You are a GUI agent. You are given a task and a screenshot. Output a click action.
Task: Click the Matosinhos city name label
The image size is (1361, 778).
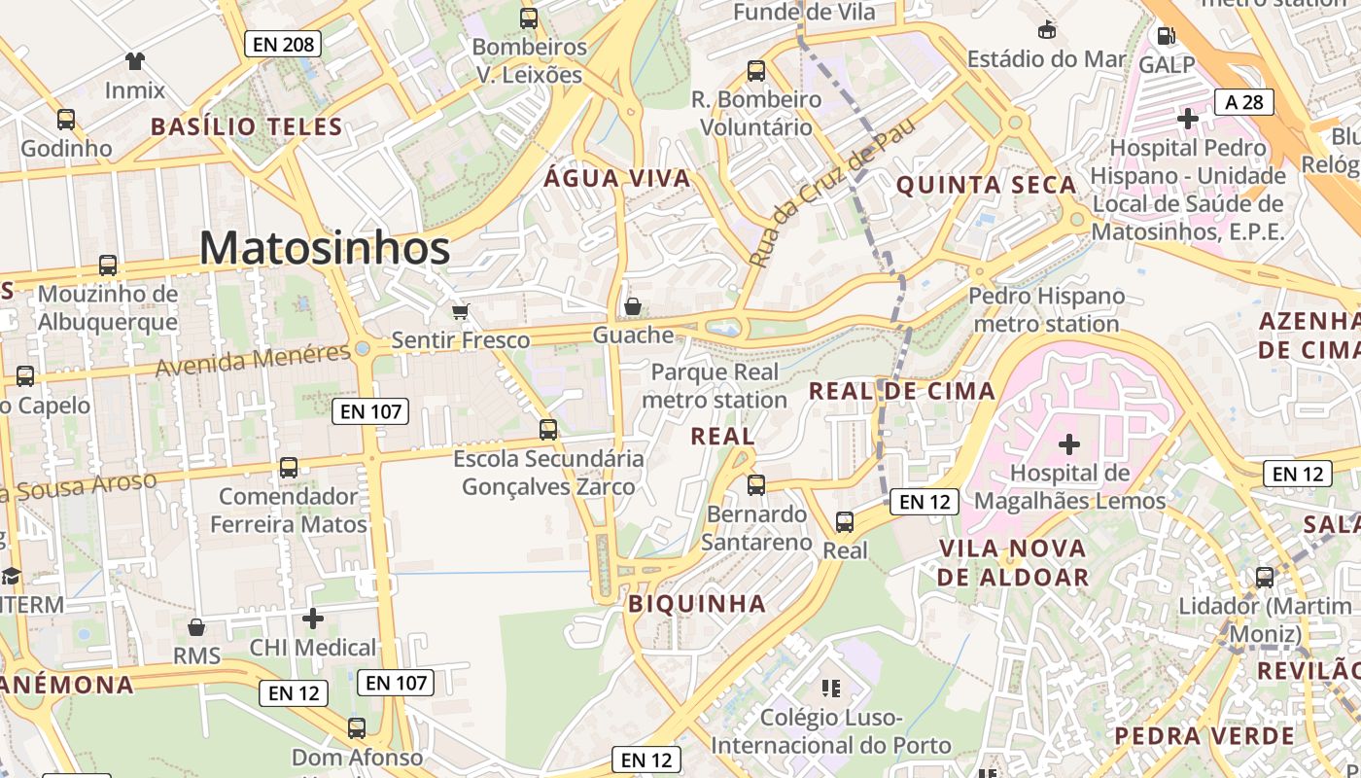point(325,249)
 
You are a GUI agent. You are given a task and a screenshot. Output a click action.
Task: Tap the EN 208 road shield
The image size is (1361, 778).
point(282,44)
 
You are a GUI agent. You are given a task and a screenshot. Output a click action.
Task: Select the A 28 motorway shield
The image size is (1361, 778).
point(1243,102)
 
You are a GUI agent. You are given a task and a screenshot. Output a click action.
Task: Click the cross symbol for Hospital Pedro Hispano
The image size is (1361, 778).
point(1187,119)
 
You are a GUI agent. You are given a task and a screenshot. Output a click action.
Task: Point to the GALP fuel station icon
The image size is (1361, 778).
point(1166,36)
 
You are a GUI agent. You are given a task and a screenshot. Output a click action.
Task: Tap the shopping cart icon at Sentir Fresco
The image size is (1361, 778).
point(460,312)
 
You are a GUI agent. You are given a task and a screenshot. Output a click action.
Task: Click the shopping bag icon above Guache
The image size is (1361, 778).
point(633,307)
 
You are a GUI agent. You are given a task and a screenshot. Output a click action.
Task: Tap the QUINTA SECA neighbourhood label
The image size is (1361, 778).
point(986,185)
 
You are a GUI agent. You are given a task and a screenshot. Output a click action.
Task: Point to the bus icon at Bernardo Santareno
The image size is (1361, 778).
point(756,484)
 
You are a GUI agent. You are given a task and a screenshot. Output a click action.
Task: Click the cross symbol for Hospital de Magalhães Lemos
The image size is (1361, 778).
point(1069,444)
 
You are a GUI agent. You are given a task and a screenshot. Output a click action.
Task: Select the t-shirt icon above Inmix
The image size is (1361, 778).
point(135,61)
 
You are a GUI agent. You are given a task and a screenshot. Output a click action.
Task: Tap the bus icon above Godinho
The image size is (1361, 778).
point(66,120)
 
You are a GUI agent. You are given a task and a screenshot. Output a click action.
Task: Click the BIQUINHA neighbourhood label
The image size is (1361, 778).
point(697,603)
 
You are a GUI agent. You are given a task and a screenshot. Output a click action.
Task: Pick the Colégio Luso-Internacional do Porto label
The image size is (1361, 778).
point(831,731)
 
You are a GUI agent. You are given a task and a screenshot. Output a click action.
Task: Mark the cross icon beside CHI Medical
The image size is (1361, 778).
point(313,619)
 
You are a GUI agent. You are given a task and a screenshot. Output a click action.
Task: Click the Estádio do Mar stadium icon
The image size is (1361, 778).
point(1047,30)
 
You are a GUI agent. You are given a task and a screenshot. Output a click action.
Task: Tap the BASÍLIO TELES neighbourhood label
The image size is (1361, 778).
point(247,126)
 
